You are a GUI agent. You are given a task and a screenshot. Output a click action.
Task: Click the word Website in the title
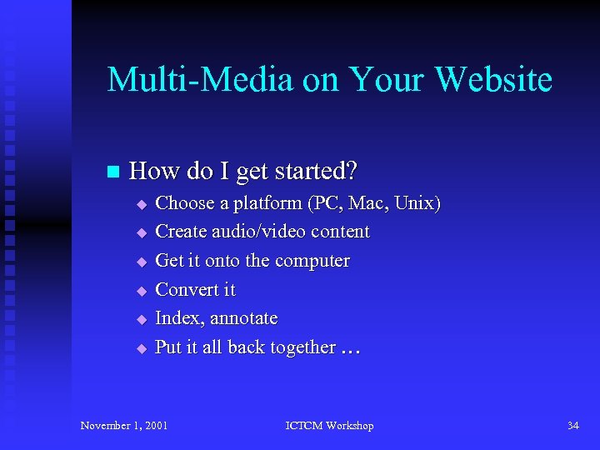(493, 80)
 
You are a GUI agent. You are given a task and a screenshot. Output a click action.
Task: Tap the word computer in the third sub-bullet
(312, 261)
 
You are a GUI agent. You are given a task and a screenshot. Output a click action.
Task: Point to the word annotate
(244, 319)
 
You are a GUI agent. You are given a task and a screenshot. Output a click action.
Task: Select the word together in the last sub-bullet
(302, 347)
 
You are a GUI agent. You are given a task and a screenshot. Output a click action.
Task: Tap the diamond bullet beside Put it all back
(142, 349)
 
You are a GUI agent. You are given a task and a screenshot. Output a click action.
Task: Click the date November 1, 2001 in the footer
(123, 426)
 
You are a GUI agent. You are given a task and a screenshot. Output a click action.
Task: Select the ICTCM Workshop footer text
(329, 426)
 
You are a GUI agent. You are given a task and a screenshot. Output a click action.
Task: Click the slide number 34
(572, 426)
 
